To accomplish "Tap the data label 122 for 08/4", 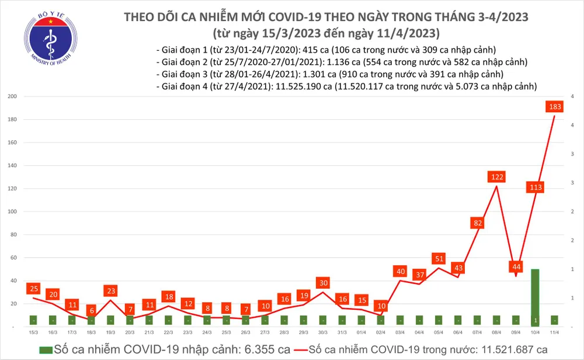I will coord(497,176).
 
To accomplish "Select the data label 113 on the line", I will coord(535,188).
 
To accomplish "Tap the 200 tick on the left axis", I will coord(11,96).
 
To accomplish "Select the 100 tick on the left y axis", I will coord(11,212).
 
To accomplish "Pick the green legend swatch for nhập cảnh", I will coord(46,349).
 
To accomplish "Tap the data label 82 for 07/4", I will coord(478,223).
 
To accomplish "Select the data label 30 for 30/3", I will coord(323,282).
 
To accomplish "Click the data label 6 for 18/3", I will coord(91,310).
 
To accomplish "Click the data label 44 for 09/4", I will coord(516,266).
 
